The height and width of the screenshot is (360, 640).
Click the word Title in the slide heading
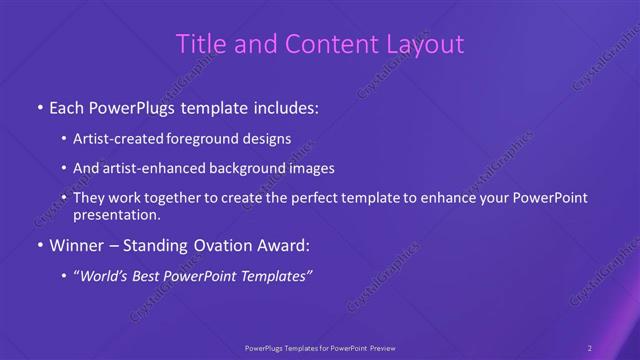pyautogui.click(x=199, y=44)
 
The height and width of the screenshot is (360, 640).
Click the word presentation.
pyautogui.click(x=116, y=214)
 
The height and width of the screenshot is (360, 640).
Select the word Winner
pyautogui.click(x=76, y=246)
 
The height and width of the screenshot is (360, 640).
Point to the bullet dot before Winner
pyautogui.click(x=39, y=246)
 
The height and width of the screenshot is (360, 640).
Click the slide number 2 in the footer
pyautogui.click(x=590, y=348)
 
